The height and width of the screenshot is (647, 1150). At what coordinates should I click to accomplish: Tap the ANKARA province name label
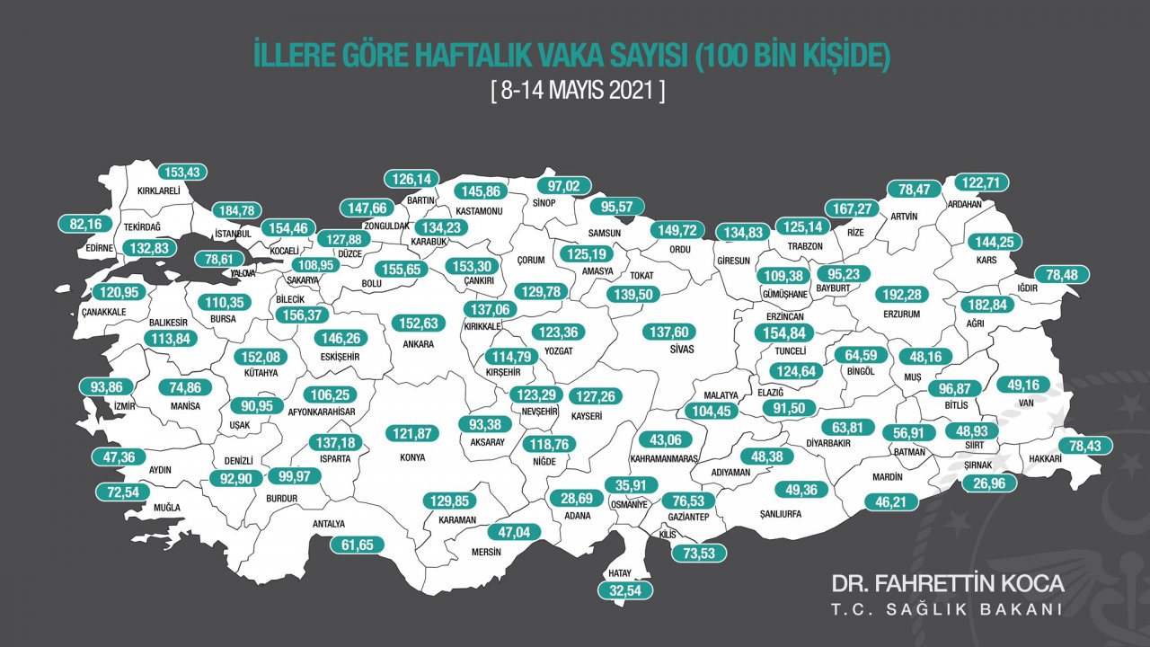pos(419,344)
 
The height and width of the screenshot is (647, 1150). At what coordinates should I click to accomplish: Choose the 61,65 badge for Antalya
pos(357,544)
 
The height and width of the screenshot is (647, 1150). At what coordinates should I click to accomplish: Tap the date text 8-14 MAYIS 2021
pos(578,91)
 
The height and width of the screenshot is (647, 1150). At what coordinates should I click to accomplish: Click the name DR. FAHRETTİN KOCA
pos(948,583)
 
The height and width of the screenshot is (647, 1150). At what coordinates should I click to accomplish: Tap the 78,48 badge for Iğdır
pos(1062,275)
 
